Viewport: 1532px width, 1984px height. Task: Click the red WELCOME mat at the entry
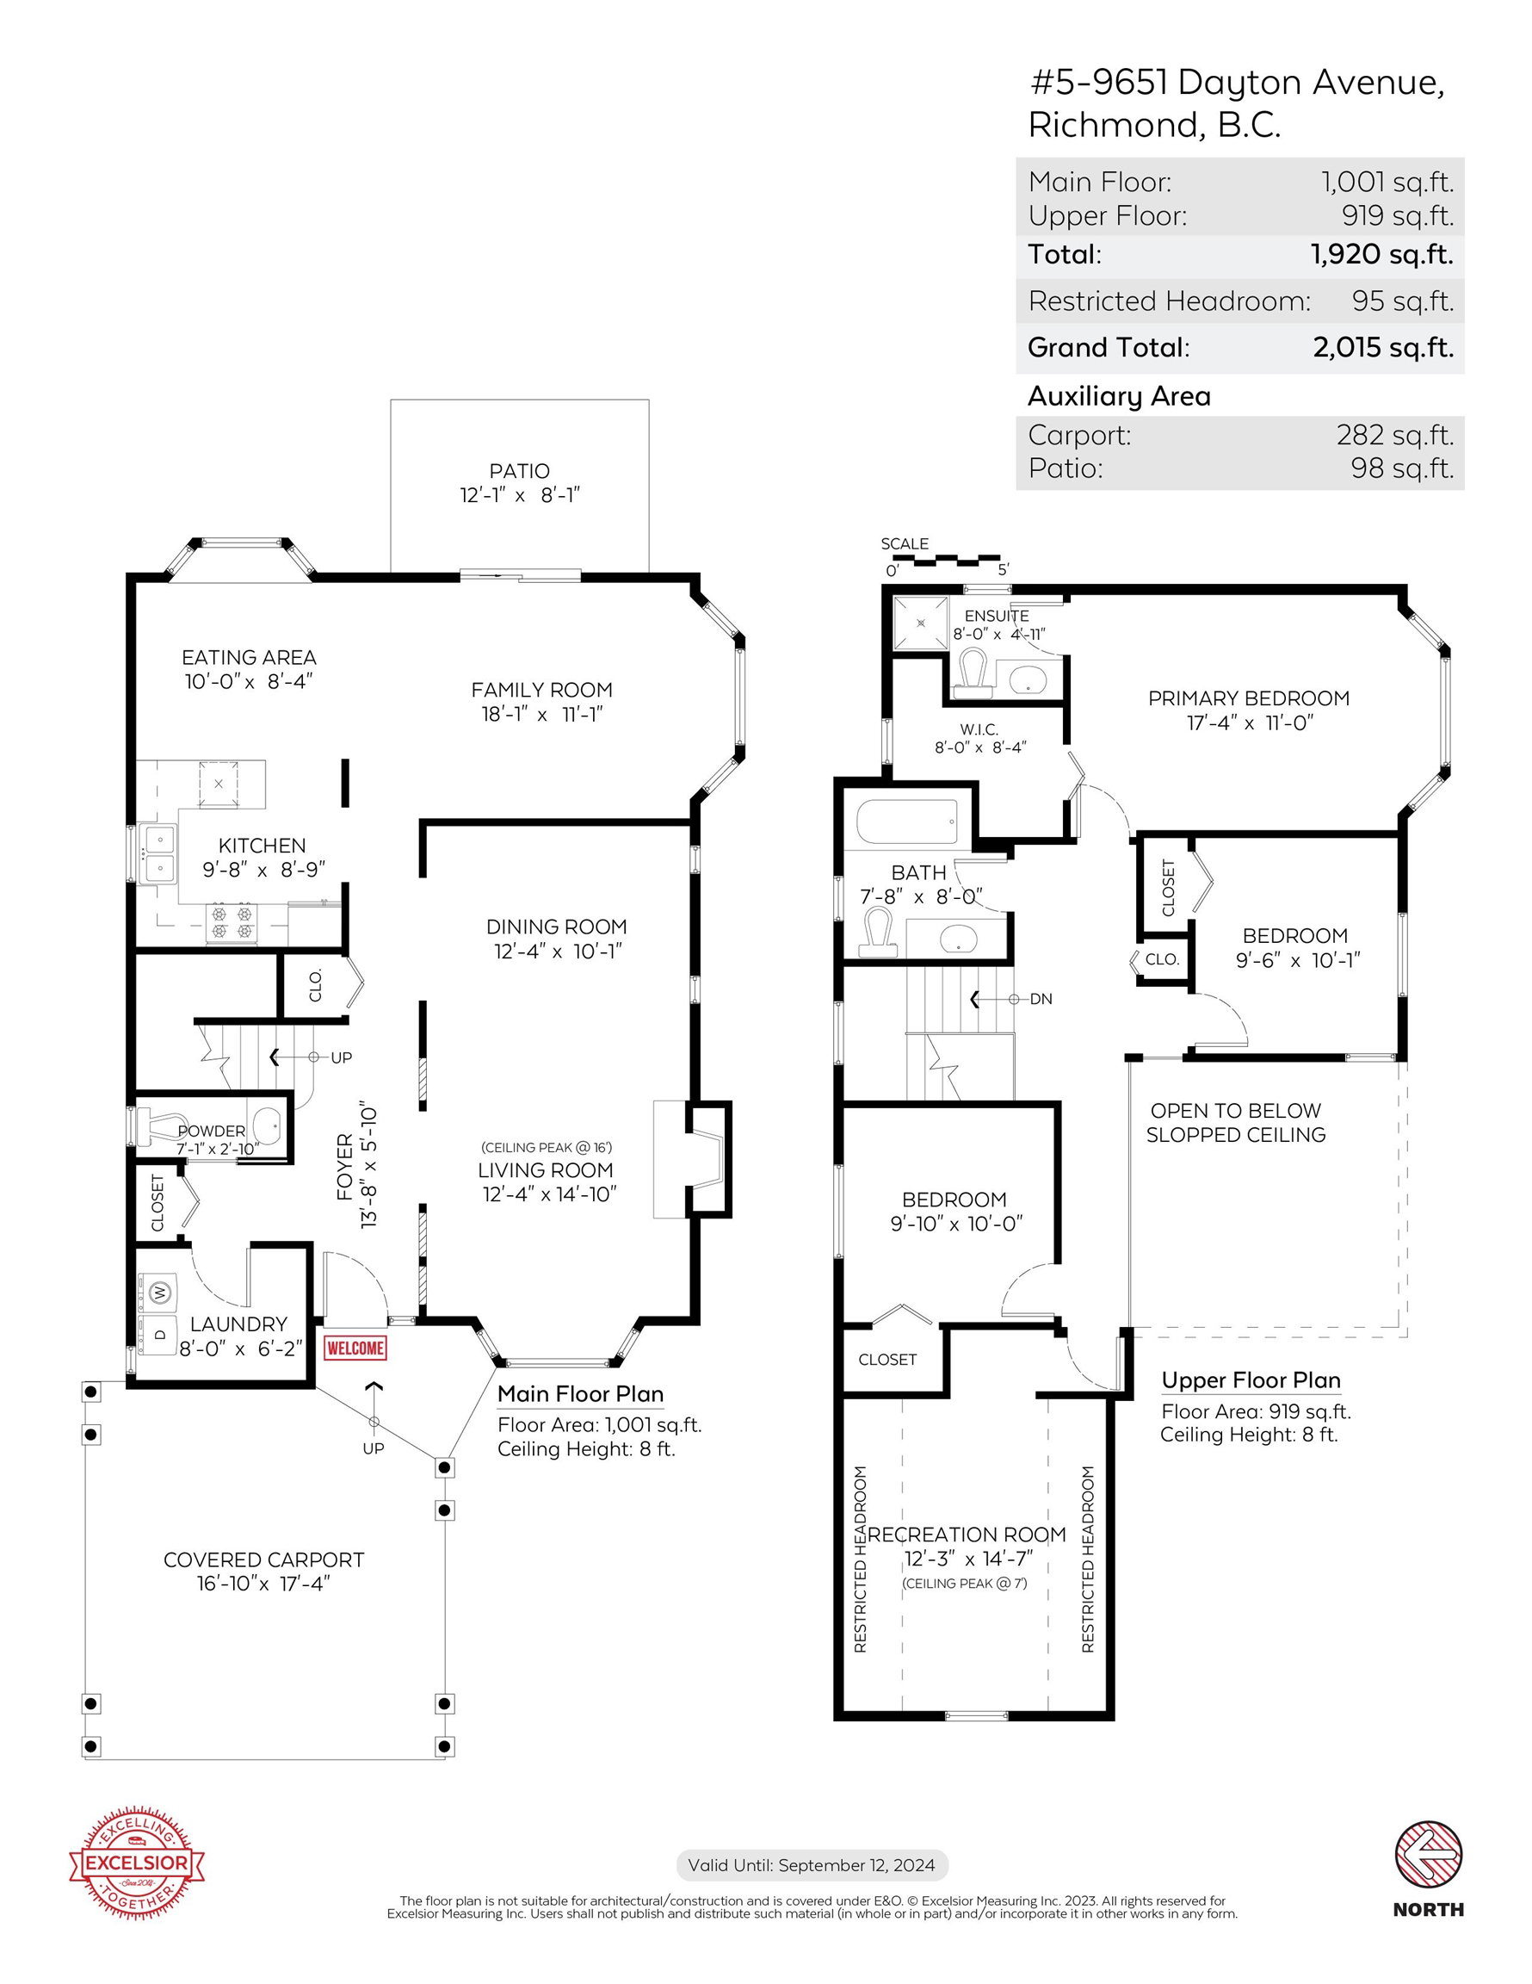tap(355, 1348)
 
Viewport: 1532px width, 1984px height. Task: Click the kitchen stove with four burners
tap(232, 923)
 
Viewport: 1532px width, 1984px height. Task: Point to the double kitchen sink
tap(159, 853)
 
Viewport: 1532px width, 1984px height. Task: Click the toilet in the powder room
tap(158, 1127)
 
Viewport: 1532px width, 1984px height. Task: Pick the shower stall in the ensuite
tap(921, 623)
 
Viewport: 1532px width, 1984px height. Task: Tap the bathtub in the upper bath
tap(906, 822)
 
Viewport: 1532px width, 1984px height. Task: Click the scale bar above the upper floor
tap(945, 560)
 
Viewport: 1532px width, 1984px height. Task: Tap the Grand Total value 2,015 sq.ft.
tap(1382, 347)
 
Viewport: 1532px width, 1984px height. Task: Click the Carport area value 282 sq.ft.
tap(1395, 435)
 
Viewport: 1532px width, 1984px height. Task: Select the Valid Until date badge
tap(812, 1865)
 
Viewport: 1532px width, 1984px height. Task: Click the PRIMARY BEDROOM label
tap(1249, 698)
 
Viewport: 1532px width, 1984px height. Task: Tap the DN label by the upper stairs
tap(1041, 999)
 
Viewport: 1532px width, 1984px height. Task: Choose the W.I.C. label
tap(979, 729)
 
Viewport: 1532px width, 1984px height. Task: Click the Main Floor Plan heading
tap(580, 1394)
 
